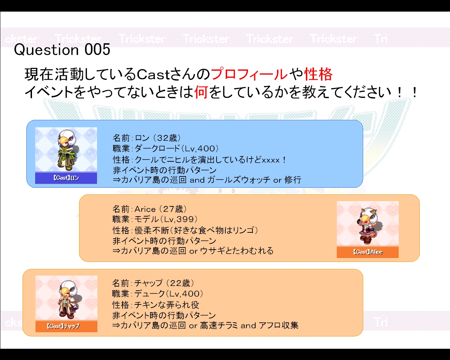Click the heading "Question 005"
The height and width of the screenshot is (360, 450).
point(62,50)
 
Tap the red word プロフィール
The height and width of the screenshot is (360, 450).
point(249,74)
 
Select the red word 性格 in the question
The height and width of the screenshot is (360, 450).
point(318,74)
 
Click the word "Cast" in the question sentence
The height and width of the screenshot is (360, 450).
point(153,75)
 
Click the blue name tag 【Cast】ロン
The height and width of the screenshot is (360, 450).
point(66,178)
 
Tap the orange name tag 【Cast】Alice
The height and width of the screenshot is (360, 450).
point(368,252)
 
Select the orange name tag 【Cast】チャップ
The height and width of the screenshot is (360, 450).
point(66,326)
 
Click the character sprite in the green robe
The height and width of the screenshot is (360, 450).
point(67,150)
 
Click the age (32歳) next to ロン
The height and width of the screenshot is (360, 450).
point(167,138)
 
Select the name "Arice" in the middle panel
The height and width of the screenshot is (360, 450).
point(145,209)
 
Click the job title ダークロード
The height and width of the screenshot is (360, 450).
point(157,148)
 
